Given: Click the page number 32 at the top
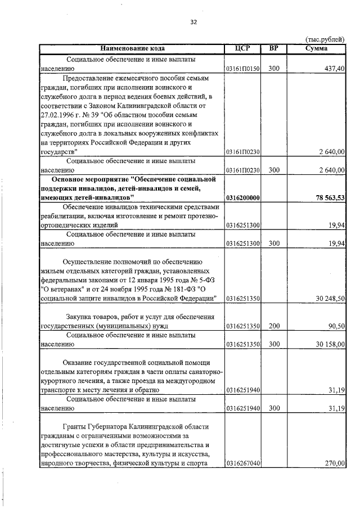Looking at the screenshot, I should point(193,22).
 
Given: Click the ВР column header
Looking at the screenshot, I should point(273,49).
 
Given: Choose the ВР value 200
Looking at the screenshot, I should point(273,326).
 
